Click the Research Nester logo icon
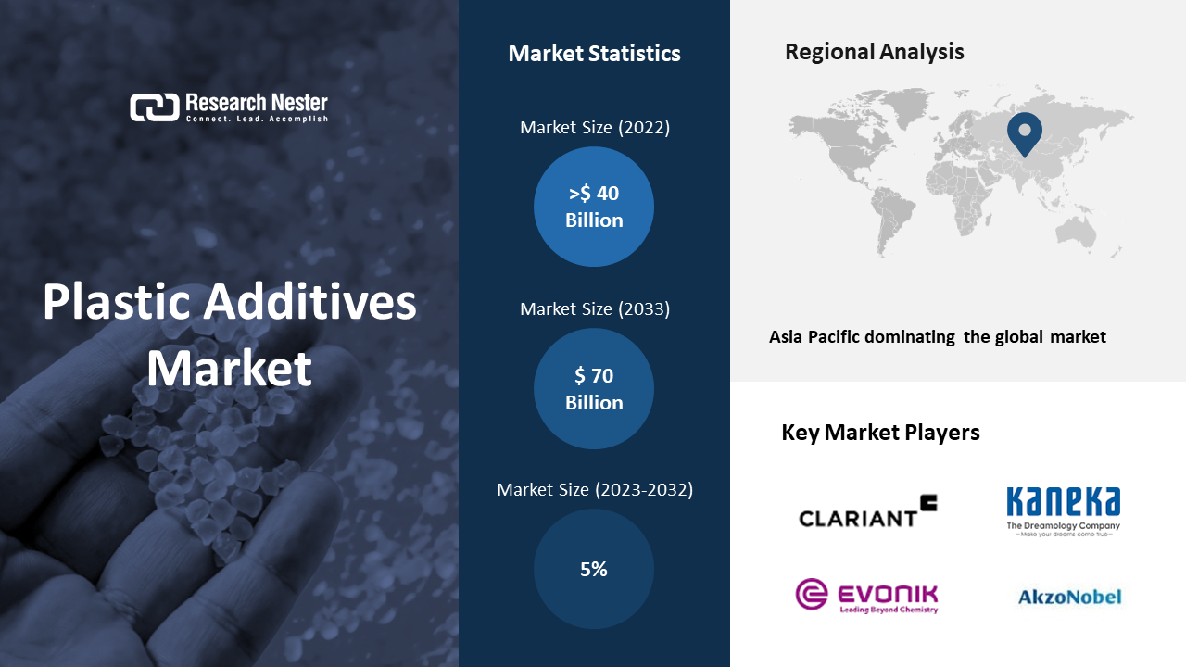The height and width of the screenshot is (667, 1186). click(x=155, y=107)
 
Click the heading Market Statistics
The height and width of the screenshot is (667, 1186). click(x=594, y=54)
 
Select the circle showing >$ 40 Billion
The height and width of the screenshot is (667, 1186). click(x=594, y=207)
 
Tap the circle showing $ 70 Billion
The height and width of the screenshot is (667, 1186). click(x=594, y=388)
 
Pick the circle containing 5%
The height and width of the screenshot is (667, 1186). click(x=594, y=569)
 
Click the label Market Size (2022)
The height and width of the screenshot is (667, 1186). click(x=595, y=128)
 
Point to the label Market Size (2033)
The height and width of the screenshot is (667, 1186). click(x=595, y=309)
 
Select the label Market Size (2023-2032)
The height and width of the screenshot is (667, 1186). click(x=595, y=490)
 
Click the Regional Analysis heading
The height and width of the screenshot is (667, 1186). click(x=874, y=52)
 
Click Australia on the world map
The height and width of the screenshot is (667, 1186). click(x=1076, y=232)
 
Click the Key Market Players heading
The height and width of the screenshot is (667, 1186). click(x=880, y=433)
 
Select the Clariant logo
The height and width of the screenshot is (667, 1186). click(x=868, y=511)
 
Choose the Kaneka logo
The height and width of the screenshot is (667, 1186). click(x=1063, y=511)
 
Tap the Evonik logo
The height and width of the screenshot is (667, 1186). click(x=866, y=596)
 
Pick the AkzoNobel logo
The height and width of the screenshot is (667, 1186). click(x=1069, y=598)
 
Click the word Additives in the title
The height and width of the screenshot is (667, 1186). click(x=310, y=302)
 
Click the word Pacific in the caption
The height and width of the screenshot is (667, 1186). click(x=834, y=337)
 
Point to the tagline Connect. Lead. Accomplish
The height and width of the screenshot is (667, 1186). click(x=257, y=119)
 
